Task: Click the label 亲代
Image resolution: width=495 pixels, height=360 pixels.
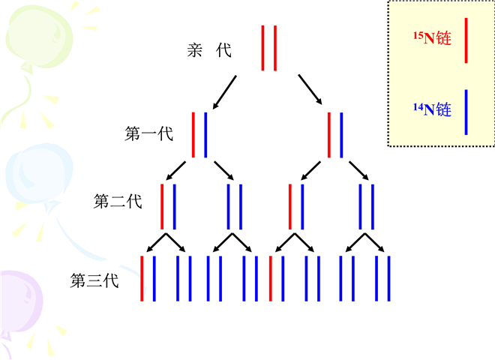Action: (x=209, y=51)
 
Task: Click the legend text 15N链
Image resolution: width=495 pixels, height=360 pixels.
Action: (x=432, y=38)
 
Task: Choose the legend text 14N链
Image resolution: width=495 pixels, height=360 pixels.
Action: (x=432, y=110)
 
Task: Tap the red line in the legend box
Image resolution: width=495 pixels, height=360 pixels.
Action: (x=466, y=40)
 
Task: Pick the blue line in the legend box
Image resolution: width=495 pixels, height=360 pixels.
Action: (x=466, y=112)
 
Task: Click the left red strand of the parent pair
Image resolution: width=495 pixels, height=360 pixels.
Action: (x=263, y=48)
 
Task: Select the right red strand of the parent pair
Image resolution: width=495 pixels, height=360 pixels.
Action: (x=275, y=48)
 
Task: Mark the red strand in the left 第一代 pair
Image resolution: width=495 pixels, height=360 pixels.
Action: (x=193, y=135)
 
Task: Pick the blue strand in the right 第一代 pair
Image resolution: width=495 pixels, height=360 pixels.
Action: (x=341, y=135)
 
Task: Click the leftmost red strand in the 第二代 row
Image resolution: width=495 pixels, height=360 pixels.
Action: (x=162, y=205)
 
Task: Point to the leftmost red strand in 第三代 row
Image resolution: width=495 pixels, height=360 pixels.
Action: (x=142, y=278)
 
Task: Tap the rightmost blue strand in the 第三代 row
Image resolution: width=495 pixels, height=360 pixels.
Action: (x=389, y=278)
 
